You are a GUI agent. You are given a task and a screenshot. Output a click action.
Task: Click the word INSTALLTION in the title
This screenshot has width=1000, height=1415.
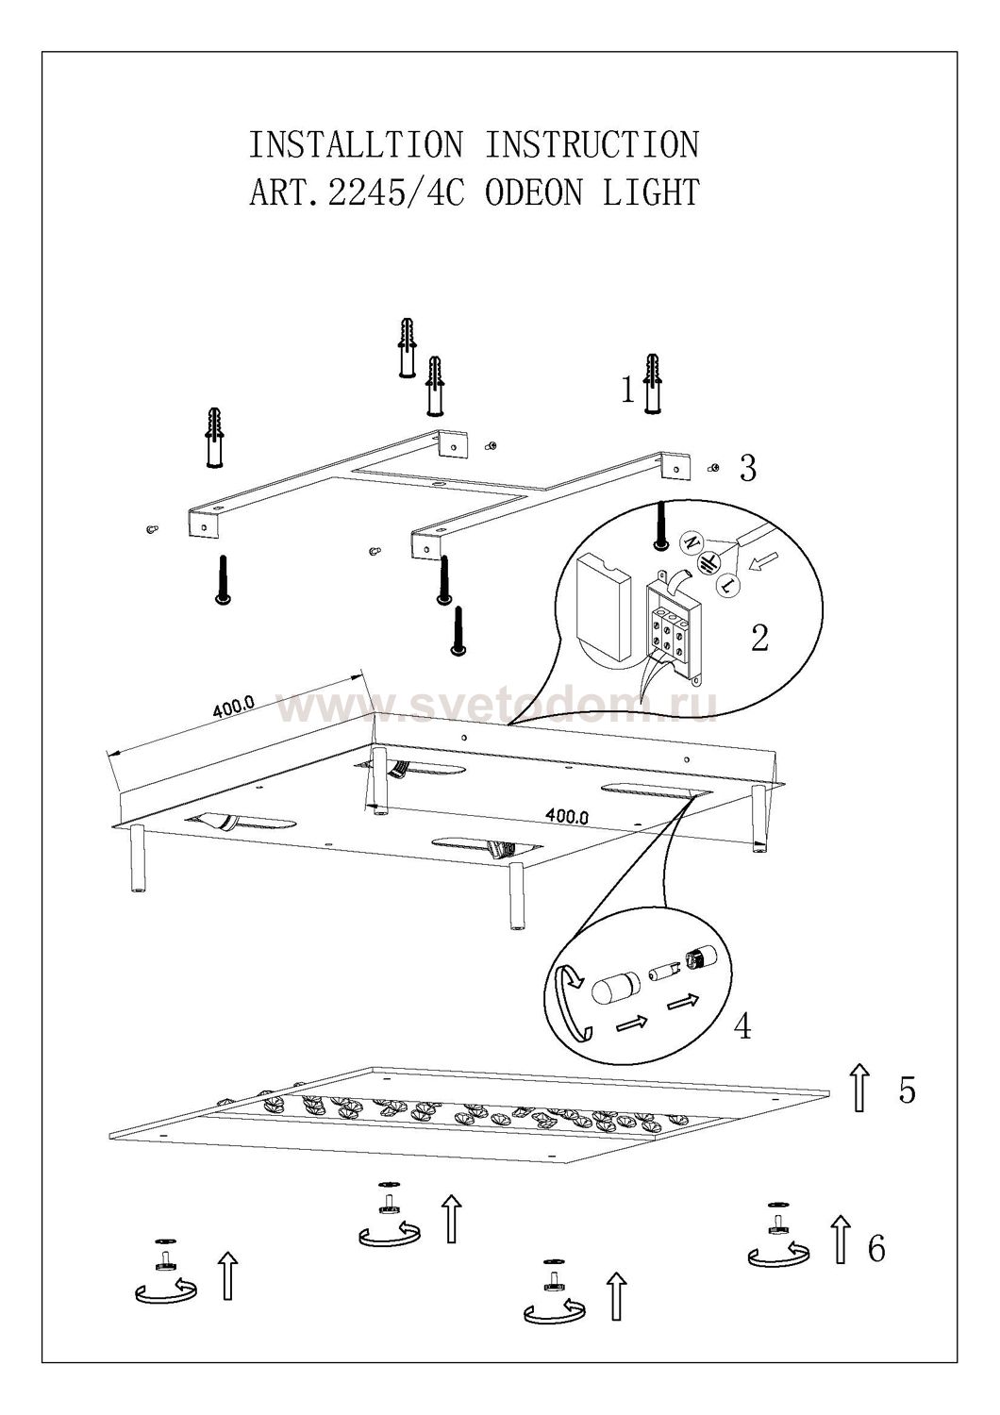click(x=357, y=144)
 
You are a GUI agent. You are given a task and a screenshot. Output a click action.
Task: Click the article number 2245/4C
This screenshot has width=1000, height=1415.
click(x=396, y=192)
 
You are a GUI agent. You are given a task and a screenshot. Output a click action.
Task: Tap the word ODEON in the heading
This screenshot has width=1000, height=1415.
click(x=534, y=192)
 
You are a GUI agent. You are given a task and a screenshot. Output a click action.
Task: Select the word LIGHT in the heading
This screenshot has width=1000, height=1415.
click(x=651, y=192)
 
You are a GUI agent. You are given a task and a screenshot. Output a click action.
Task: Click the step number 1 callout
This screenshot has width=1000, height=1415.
click(x=627, y=391)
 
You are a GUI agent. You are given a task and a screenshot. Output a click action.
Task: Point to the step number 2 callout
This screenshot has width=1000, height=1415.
click(x=759, y=638)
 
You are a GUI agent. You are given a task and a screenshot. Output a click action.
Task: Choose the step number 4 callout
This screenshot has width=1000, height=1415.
click(x=742, y=1028)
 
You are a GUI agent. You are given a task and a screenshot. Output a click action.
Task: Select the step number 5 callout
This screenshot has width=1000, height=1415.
click(x=908, y=1090)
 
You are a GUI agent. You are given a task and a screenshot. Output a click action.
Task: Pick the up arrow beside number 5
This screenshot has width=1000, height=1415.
click(x=859, y=1087)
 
